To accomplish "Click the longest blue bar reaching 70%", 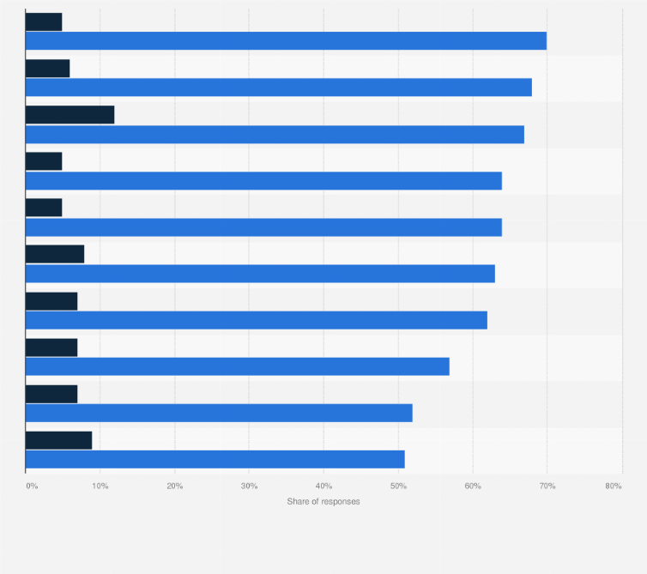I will [x=286, y=40].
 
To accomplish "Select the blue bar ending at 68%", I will [x=279, y=88].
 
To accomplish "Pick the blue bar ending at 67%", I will [x=275, y=134].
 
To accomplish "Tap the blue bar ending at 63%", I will [x=260, y=274].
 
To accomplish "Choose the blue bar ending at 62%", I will [x=257, y=320].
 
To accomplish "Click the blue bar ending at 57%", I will [x=238, y=366].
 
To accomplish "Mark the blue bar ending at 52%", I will [x=219, y=413].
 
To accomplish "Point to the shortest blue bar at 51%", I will [x=215, y=459].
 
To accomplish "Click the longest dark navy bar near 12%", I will [x=70, y=115].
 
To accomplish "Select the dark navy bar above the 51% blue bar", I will [x=58, y=440].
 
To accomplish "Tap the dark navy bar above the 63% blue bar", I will [x=55, y=254].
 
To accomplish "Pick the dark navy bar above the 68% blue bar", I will [x=47, y=69].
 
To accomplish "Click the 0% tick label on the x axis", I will [x=32, y=486].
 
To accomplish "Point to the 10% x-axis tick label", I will [x=100, y=486].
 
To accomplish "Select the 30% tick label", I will [x=249, y=486].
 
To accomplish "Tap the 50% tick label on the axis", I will [x=398, y=486].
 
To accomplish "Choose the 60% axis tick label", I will [x=473, y=486].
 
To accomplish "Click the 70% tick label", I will [x=547, y=486].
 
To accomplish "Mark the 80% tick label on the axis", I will [x=613, y=486].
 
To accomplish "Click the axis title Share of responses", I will [x=323, y=501].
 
